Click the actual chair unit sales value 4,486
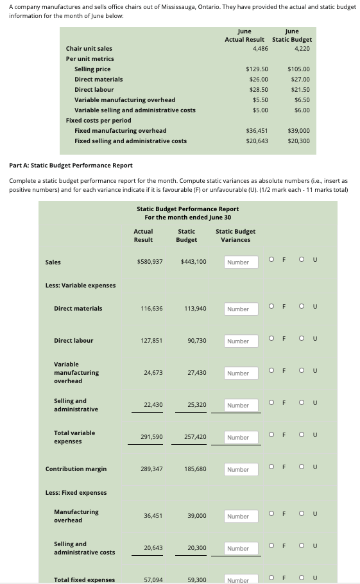(260, 48)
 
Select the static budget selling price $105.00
(299, 69)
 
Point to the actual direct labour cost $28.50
(257, 89)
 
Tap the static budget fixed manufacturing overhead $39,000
(299, 130)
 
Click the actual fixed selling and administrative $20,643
(257, 141)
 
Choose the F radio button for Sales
(272, 261)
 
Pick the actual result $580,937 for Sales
(150, 262)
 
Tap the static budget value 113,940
(195, 309)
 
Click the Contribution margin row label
(76, 469)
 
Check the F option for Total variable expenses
(272, 436)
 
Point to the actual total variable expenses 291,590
(151, 437)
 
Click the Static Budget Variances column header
(236, 236)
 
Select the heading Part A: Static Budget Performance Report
(71, 166)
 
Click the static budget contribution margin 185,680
(195, 469)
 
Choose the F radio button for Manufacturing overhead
(272, 515)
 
